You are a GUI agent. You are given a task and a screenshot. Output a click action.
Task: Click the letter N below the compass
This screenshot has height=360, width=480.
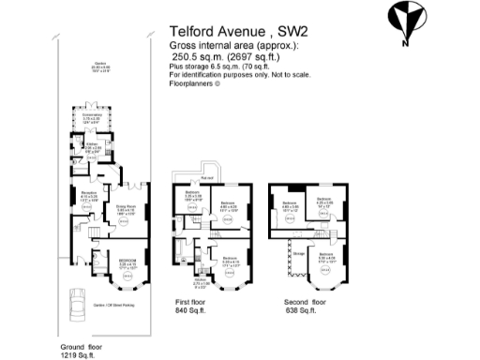(x=403, y=42)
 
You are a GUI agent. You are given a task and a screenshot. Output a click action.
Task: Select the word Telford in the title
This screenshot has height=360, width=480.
(x=192, y=30)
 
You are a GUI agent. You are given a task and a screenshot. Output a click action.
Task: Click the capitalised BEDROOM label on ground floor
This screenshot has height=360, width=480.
(x=128, y=260)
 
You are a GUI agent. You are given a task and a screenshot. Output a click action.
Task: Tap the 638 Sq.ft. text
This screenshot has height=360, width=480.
(x=301, y=311)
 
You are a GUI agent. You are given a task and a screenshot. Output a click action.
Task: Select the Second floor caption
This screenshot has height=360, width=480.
(x=305, y=302)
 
